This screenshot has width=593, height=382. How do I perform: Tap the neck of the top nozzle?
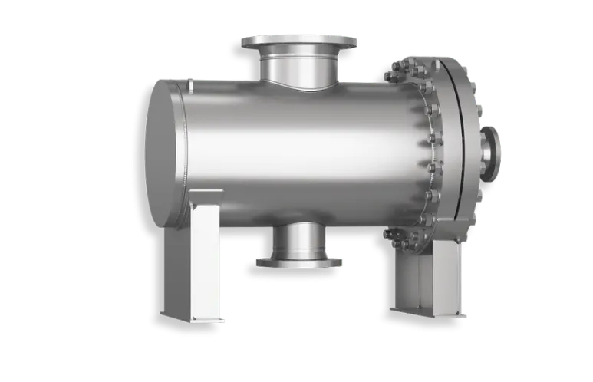(299, 68)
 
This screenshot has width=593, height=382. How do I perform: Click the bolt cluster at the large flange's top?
(399, 71)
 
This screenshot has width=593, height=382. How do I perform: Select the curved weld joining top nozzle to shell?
(299, 86)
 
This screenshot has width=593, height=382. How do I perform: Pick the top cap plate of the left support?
(201, 193)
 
